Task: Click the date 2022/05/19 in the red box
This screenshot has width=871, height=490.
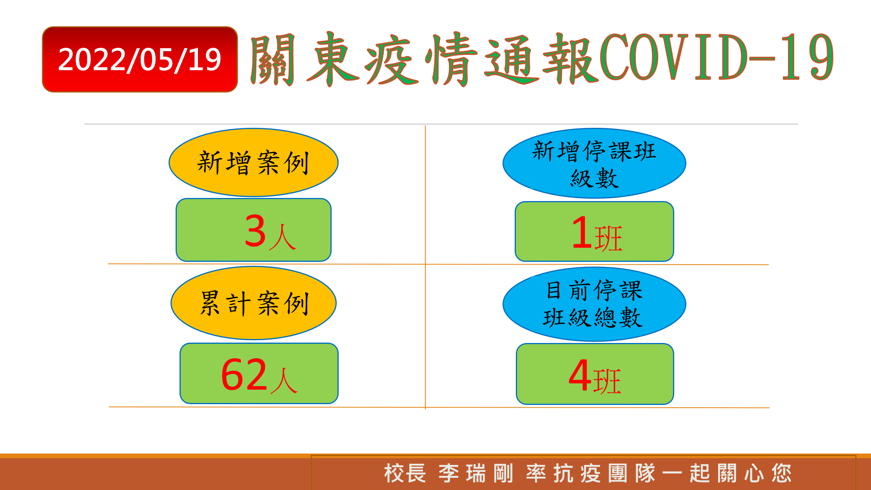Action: [x=140, y=60]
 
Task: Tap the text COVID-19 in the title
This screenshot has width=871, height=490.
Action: [x=717, y=57]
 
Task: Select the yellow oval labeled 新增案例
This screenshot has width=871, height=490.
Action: [x=254, y=162]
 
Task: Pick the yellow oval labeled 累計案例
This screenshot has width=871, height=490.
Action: [x=254, y=303]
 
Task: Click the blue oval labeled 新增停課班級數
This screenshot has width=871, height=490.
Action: [x=594, y=163]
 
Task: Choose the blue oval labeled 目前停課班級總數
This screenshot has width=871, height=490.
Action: [x=594, y=304]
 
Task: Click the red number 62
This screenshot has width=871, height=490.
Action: [x=244, y=375]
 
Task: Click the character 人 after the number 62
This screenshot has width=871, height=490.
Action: [x=283, y=380]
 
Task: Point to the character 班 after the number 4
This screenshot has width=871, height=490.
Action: [x=607, y=381]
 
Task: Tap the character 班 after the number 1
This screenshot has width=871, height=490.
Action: [x=608, y=238]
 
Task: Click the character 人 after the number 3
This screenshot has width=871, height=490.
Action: [x=282, y=237]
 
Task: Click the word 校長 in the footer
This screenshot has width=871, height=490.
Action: [x=405, y=473]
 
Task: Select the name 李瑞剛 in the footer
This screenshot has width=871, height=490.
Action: [x=476, y=473]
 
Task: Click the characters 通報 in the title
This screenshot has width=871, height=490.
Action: [x=541, y=59]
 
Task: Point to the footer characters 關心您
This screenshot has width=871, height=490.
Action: [x=755, y=473]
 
